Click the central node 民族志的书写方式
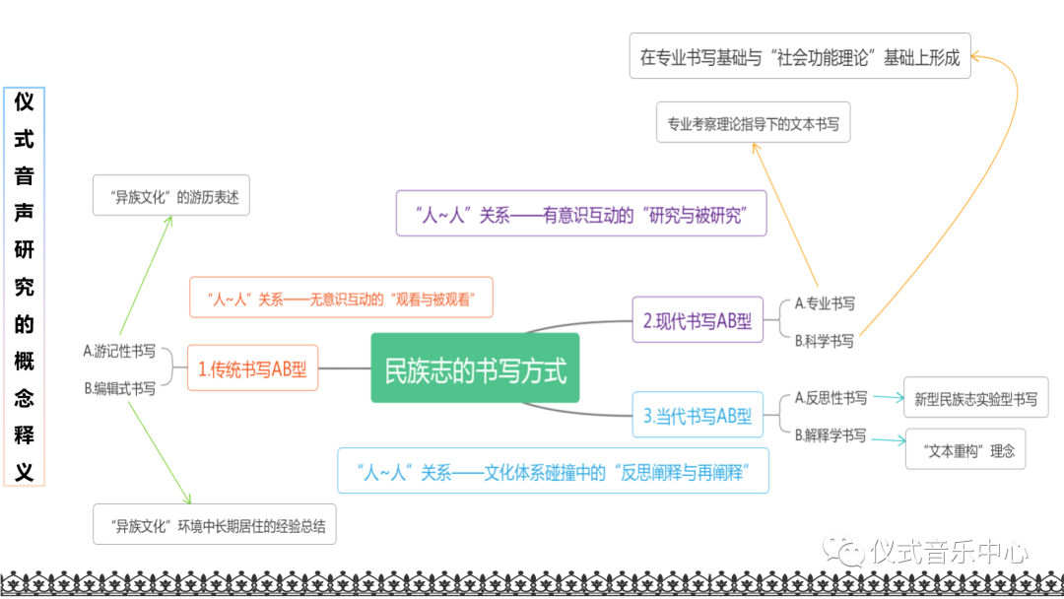click(475, 368)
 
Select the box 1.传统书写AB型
click(252, 368)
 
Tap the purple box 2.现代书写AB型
click(698, 319)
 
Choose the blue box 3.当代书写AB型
click(698, 415)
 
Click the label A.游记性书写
click(119, 351)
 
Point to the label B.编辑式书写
click(119, 388)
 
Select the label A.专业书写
click(825, 303)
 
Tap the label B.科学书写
click(825, 341)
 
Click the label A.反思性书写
click(831, 398)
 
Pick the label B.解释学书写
click(831, 434)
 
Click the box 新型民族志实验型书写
click(975, 399)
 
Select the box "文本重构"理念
click(964, 450)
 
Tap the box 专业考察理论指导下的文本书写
click(753, 124)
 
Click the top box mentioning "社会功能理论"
click(799, 57)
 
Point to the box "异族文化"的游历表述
click(170, 196)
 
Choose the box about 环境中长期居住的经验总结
click(215, 525)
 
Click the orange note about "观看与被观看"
click(340, 298)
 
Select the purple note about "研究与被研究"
click(580, 214)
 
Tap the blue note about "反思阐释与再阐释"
click(552, 471)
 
